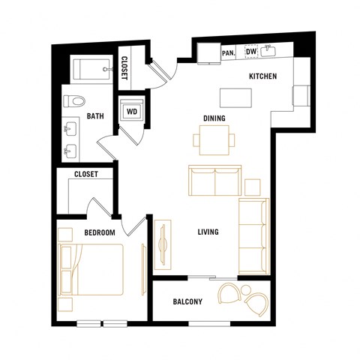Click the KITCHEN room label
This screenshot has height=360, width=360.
point(262,76)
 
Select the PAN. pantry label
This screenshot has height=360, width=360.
point(229,52)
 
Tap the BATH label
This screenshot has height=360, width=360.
point(94,116)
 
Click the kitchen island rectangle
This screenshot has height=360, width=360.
point(236,98)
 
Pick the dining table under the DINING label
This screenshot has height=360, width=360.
point(214,138)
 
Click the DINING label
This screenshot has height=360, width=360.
point(214,118)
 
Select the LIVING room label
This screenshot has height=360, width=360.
point(208,232)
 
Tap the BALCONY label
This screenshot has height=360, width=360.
point(187,302)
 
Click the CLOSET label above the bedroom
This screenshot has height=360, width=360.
point(86,175)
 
